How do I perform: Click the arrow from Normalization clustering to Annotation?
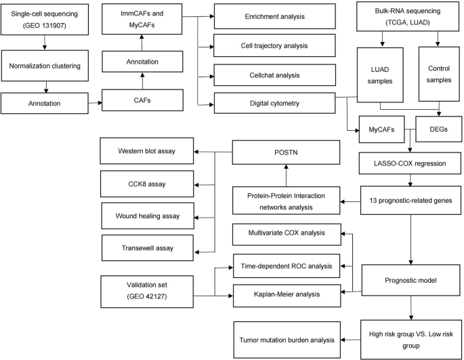click(45, 87)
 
